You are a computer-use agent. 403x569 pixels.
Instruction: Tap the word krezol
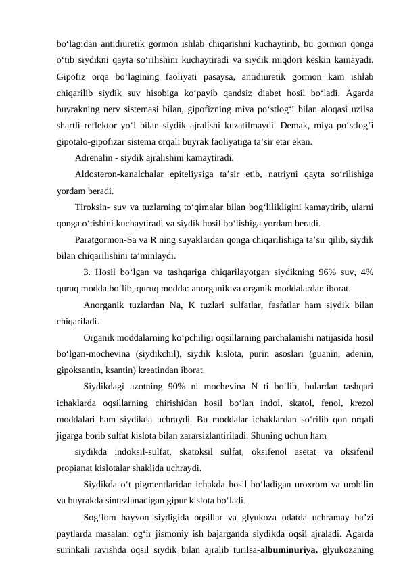click(x=362, y=402)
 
